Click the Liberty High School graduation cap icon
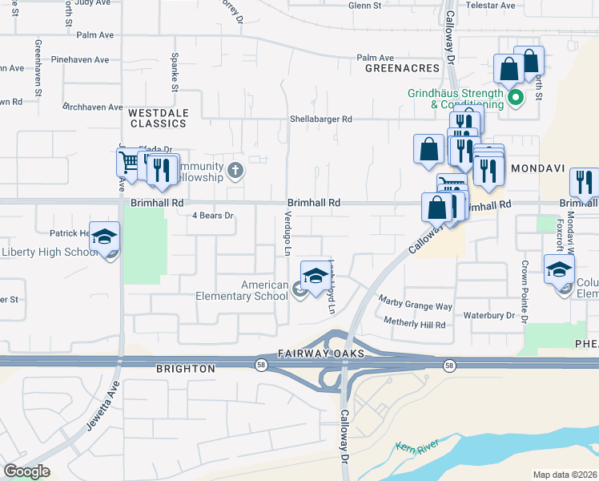click(x=104, y=237)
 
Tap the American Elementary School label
click(x=242, y=290)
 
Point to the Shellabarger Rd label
click(x=321, y=119)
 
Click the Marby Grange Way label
click(x=416, y=306)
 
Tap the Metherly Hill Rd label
click(x=414, y=324)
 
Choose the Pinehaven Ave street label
click(x=79, y=60)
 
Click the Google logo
click(x=26, y=471)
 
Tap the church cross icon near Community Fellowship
click(x=235, y=170)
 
